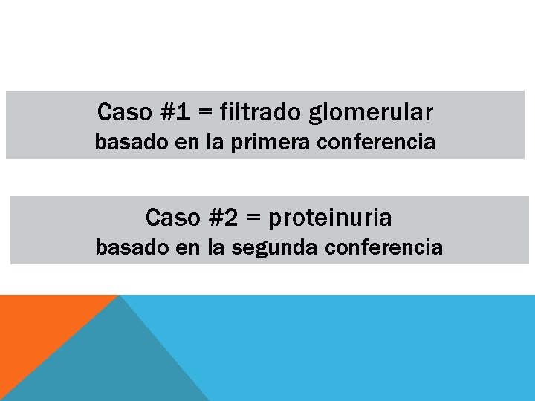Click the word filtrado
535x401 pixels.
[260, 113]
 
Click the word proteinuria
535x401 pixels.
[330, 218]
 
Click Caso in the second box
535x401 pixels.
[173, 218]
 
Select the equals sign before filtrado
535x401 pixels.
[206, 114]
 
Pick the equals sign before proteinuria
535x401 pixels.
[254, 218]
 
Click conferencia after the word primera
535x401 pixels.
[375, 142]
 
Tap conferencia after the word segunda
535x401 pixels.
[383, 247]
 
